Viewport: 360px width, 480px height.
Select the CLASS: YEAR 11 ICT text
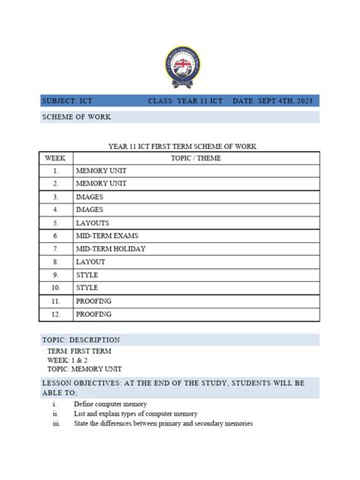pyautogui.click(x=185, y=101)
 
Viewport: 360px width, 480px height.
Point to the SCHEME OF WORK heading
pyautogui.click(x=76, y=117)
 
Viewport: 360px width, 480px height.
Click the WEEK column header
pyautogui.click(x=55, y=158)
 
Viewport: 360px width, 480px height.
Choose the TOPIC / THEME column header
pyautogui.click(x=195, y=158)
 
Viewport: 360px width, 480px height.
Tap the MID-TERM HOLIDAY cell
pyautogui.click(x=110, y=249)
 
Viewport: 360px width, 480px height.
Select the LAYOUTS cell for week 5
pyautogui.click(x=92, y=223)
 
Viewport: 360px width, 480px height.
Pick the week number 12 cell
pyautogui.click(x=55, y=314)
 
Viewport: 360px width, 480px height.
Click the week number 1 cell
pyautogui.click(x=55, y=171)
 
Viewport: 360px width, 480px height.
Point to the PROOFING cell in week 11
pyautogui.click(x=93, y=302)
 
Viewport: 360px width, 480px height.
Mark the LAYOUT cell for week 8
pyautogui.click(x=90, y=262)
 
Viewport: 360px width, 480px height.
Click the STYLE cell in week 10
pyautogui.click(x=87, y=289)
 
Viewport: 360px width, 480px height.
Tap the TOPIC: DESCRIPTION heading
pyautogui.click(x=81, y=339)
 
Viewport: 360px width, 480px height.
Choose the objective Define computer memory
pyautogui.click(x=110, y=404)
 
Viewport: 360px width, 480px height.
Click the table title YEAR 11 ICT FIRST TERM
pyautogui.click(x=179, y=146)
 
